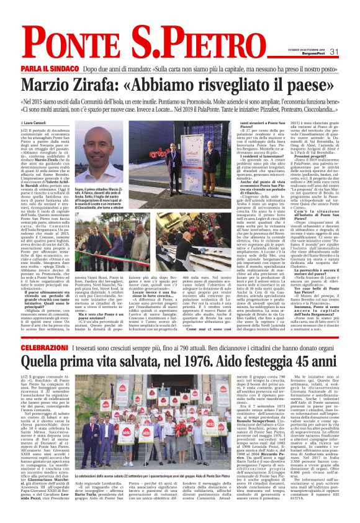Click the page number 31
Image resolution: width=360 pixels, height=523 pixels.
click(333, 52)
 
